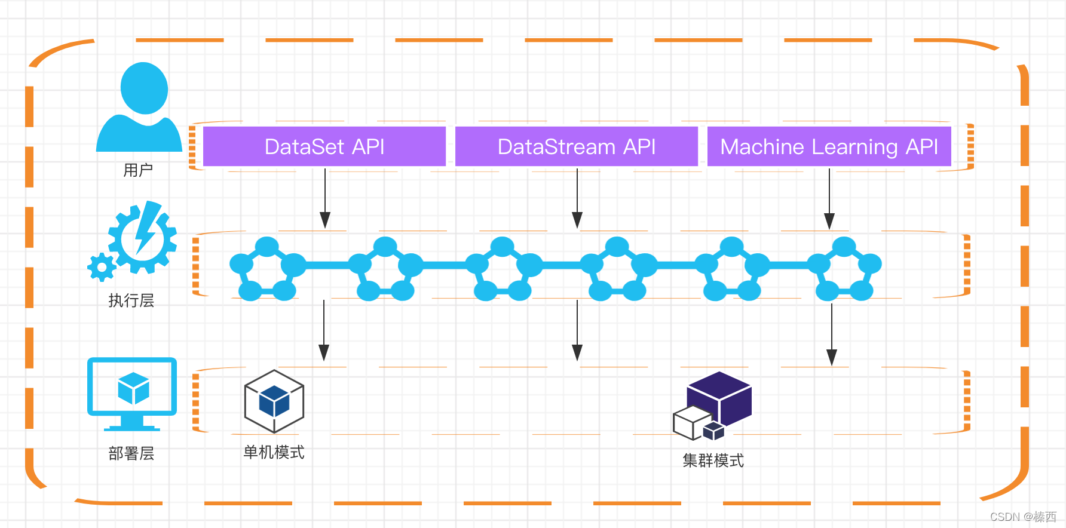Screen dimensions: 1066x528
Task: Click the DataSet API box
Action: click(x=324, y=146)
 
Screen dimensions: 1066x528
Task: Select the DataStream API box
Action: click(x=577, y=146)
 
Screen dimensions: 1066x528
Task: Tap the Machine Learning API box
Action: click(x=829, y=146)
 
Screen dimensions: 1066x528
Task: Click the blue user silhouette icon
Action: click(x=140, y=107)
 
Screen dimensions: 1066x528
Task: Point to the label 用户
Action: click(x=138, y=171)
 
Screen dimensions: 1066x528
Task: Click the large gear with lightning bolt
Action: click(x=143, y=237)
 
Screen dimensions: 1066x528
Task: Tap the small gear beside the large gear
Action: click(x=102, y=267)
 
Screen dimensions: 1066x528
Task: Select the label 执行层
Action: click(x=131, y=300)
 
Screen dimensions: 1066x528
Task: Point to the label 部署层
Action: click(x=131, y=454)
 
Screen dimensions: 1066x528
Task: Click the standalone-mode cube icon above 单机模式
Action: click(x=274, y=401)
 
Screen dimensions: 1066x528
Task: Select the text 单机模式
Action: click(x=274, y=452)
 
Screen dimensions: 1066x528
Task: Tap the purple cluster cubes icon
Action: click(x=712, y=406)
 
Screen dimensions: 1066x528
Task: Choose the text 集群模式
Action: click(x=713, y=461)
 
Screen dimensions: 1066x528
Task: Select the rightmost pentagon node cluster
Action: click(x=844, y=269)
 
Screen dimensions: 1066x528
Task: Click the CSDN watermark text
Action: click(x=1023, y=517)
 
